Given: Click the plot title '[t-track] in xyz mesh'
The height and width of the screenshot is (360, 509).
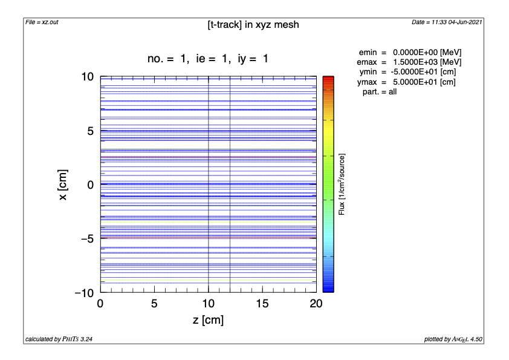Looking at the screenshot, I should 253,25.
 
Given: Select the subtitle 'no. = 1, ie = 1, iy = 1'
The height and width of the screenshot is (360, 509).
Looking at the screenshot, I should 208,59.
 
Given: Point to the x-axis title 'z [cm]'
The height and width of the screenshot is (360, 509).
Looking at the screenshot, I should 208,320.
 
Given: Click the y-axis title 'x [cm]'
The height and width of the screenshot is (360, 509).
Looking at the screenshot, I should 63,185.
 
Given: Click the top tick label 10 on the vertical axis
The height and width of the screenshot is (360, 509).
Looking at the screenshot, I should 87,77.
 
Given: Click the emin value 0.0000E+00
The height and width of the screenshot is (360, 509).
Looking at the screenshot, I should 413,53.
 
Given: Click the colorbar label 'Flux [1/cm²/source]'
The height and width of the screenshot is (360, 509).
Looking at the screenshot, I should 342,185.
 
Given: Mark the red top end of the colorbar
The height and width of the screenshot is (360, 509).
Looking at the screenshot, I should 328,79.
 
